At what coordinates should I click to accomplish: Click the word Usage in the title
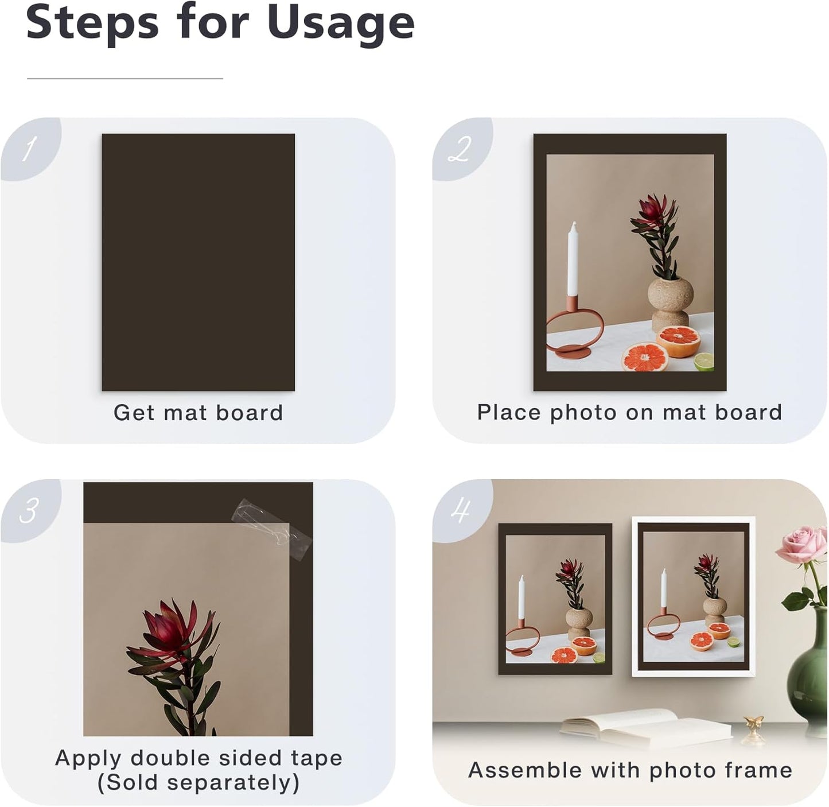point(340,23)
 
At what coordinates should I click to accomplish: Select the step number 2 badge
point(460,149)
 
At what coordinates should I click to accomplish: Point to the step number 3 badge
point(29,510)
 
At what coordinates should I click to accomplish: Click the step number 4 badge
point(461,510)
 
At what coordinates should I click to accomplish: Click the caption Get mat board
point(198,413)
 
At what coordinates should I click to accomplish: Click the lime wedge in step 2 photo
point(704,362)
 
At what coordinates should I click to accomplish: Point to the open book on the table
point(645,727)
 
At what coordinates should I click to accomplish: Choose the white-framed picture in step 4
point(694,597)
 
